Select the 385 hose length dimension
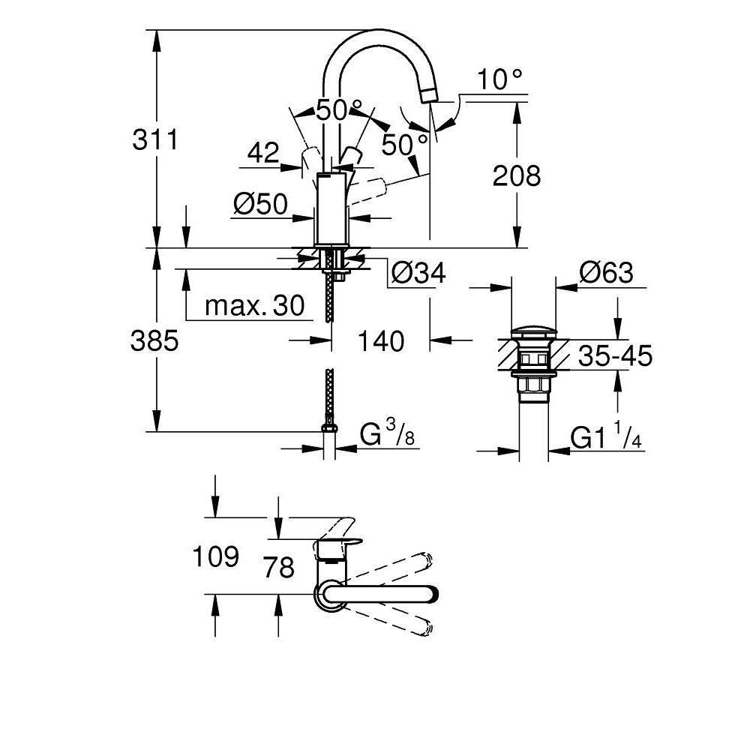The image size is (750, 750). pyautogui.click(x=154, y=340)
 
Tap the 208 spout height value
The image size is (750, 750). pyautogui.click(x=516, y=176)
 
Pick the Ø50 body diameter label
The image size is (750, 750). pyautogui.click(x=260, y=204)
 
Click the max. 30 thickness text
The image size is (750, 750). pyautogui.click(x=255, y=305)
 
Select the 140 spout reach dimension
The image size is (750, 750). pyautogui.click(x=381, y=341)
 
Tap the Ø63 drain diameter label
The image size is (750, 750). pyautogui.click(x=606, y=273)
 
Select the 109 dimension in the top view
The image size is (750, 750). pyautogui.click(x=216, y=556)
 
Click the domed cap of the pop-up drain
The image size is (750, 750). pyautogui.click(x=532, y=331)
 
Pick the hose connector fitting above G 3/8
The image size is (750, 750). pyautogui.click(x=329, y=428)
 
